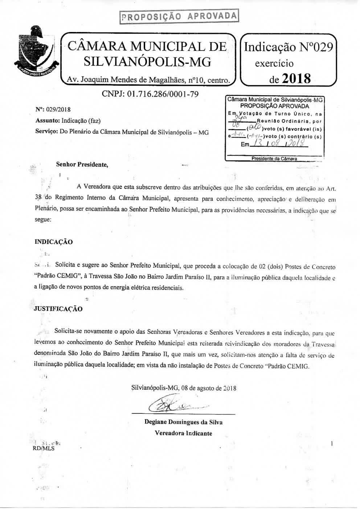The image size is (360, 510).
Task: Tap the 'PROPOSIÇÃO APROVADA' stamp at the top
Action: point(179,16)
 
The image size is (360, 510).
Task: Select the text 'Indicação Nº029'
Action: point(289,47)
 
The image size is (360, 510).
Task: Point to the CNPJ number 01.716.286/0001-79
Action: point(150,94)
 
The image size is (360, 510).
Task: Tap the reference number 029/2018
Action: point(58,109)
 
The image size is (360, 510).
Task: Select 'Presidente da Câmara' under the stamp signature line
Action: point(275,159)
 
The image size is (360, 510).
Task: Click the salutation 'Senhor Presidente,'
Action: point(82,164)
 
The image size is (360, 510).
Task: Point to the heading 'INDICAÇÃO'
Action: point(53,242)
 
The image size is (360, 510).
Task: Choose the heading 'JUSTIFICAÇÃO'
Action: point(58,309)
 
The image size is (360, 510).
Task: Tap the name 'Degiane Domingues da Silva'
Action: point(183,422)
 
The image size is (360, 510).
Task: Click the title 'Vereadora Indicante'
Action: point(183,433)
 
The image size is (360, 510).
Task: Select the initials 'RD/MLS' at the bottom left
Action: point(43,448)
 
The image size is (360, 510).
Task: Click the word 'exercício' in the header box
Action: point(274,64)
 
